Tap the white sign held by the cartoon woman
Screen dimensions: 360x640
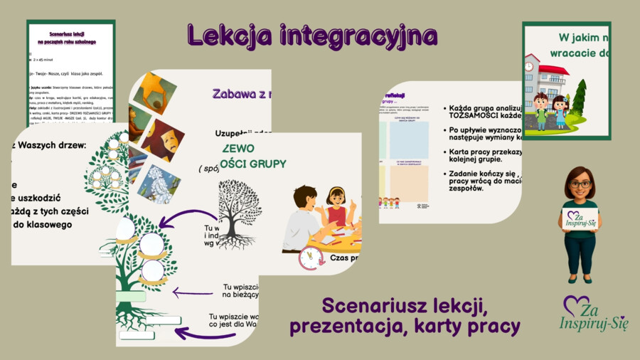tap(580, 218)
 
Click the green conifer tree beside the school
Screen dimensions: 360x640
tap(578, 100)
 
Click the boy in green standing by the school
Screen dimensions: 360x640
tap(541, 109)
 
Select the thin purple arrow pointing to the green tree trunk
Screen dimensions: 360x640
tap(192, 292)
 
